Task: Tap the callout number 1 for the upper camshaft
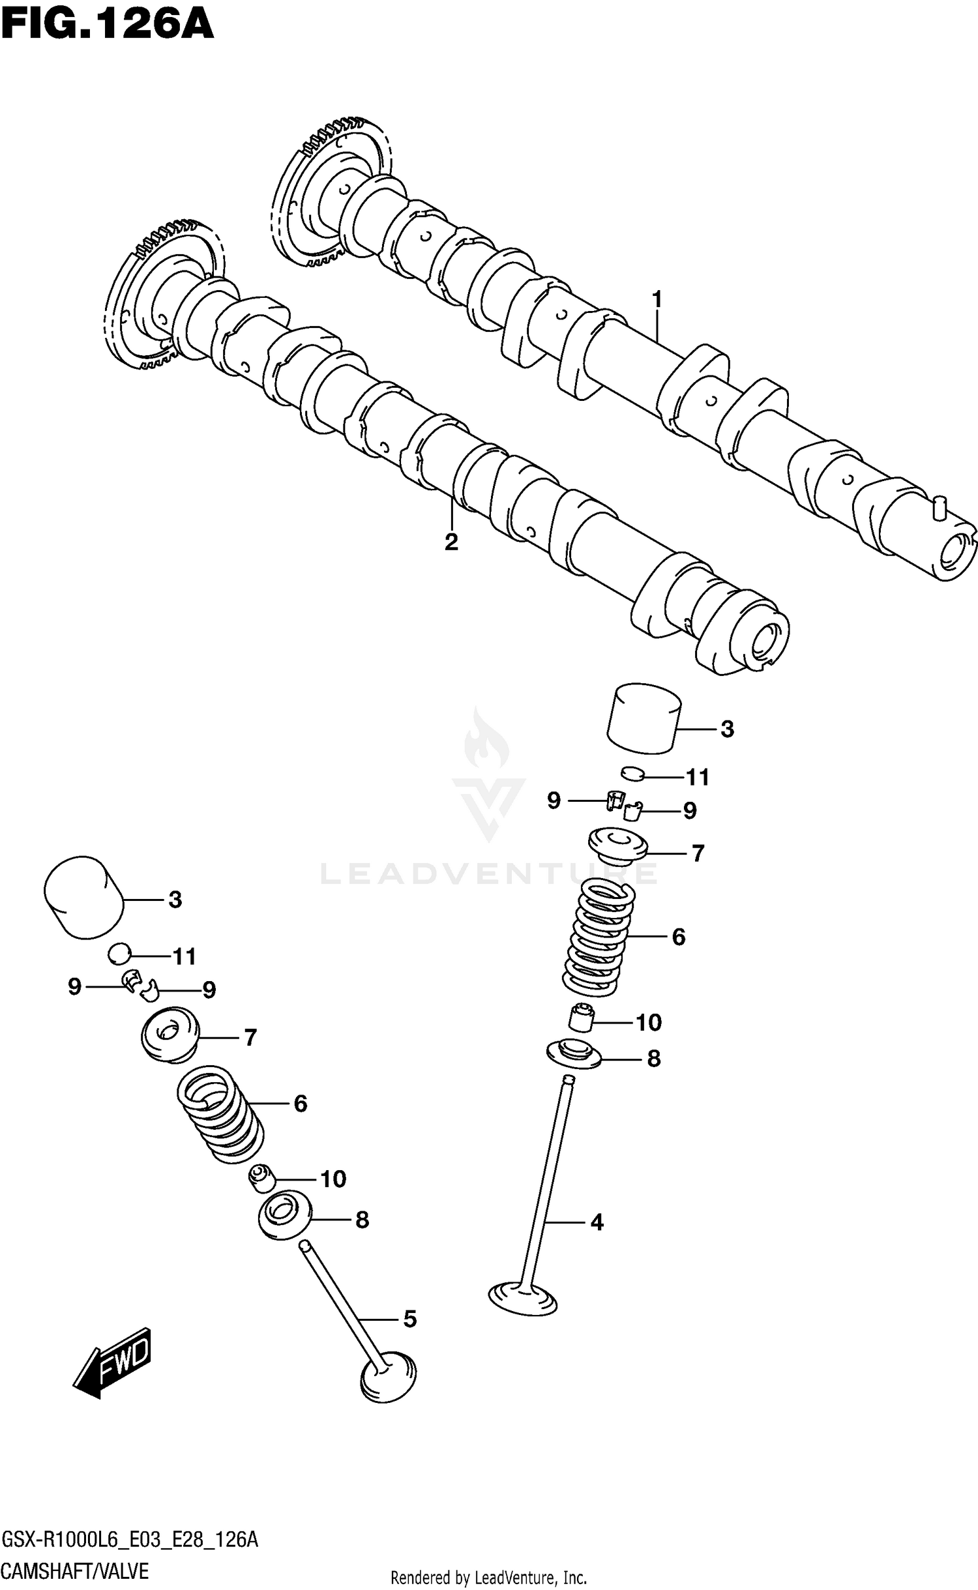coord(657,299)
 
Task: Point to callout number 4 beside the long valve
coord(597,1222)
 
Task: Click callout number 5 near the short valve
coord(409,1319)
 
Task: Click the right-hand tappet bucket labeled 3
coord(644,718)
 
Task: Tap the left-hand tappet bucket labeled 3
coord(84,896)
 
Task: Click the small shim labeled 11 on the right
coord(632,774)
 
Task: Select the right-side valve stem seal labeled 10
coord(580,1019)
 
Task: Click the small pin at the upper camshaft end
coord(939,507)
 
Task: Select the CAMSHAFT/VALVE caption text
coord(75,1570)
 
